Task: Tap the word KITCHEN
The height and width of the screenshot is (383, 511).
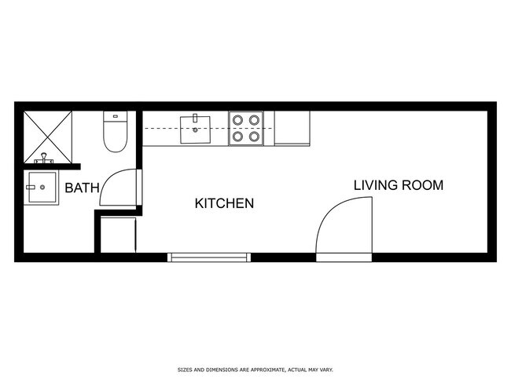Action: [x=224, y=204]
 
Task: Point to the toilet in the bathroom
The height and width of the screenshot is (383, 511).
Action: [x=115, y=133]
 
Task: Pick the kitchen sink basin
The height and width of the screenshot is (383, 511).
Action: [x=195, y=129]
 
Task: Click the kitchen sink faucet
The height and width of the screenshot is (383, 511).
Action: [x=194, y=120]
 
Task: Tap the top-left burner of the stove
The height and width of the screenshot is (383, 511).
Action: [x=237, y=120]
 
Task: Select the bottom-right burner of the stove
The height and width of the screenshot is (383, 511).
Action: [x=254, y=137]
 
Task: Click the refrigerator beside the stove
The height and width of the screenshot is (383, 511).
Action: [x=292, y=128]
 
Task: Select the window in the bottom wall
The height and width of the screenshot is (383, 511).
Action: [x=209, y=256]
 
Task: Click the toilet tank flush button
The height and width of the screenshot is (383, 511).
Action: [x=115, y=116]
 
